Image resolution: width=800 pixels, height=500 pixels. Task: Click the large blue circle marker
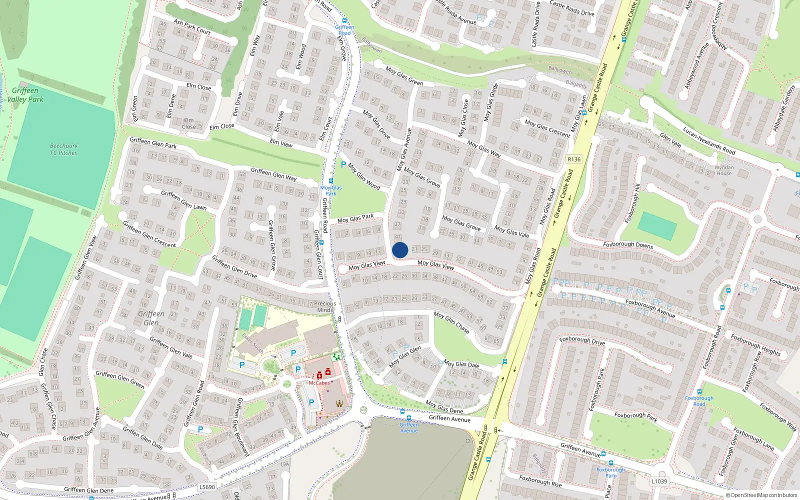[x=400, y=250]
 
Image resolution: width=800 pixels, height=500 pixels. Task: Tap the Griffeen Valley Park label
[x=25, y=95]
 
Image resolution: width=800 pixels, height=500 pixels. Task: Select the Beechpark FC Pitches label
[x=63, y=149]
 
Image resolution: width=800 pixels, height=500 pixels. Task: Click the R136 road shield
[x=574, y=159]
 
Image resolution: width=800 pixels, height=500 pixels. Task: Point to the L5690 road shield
[x=207, y=486]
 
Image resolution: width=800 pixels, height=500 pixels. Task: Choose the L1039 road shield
[x=659, y=481]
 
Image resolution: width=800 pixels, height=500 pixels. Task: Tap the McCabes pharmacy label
[x=319, y=383]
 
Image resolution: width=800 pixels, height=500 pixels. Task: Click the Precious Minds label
[x=325, y=306]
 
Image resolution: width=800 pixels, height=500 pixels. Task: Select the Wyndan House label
[x=724, y=170]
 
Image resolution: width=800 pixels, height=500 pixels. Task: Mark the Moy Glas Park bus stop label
[x=331, y=190]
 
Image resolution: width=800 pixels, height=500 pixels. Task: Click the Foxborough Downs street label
[x=628, y=245]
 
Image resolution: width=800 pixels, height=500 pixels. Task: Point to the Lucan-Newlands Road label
[x=709, y=141]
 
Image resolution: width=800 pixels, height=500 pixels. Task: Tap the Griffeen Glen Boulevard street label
[x=242, y=427]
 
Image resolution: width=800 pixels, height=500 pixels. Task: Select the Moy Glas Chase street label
[x=451, y=322]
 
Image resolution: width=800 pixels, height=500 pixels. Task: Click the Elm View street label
[x=281, y=143]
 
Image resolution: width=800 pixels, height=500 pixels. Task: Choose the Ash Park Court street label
[x=192, y=27]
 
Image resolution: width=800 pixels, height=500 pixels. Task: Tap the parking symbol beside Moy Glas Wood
[x=343, y=164]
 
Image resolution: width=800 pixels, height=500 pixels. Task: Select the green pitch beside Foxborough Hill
[x=657, y=225]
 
